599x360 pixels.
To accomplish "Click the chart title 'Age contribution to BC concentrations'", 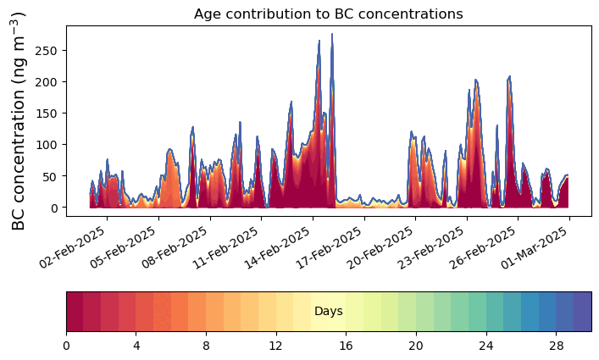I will pyautogui.click(x=328, y=14).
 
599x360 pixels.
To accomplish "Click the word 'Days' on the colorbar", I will pyautogui.click(x=328, y=312).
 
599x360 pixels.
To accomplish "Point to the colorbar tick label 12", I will pyautogui.click(x=275, y=346).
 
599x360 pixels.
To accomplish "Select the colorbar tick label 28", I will pyautogui.click(x=556, y=346).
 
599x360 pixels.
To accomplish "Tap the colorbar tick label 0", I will pyautogui.click(x=66, y=346).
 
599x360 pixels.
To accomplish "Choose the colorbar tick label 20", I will pyautogui.click(x=415, y=346).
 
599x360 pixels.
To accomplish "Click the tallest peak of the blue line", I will pyautogui.click(x=332, y=35).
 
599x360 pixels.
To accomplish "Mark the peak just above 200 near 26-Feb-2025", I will pyautogui.click(x=509, y=77).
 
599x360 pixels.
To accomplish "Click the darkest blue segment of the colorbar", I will pyautogui.click(x=582, y=312).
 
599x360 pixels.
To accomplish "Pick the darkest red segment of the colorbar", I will pyautogui.click(x=75, y=312).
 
